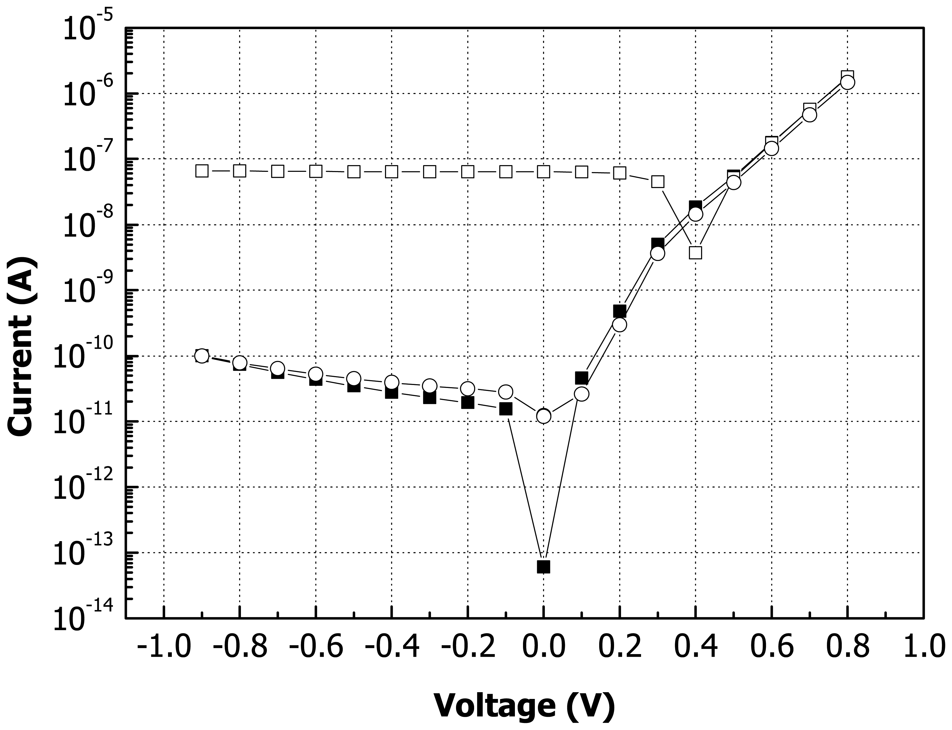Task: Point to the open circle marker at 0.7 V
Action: tap(809, 115)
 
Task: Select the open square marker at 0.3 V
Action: tap(658, 182)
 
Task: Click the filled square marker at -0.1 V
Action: tap(505, 409)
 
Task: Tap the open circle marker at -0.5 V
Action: tap(354, 378)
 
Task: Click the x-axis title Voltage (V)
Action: tap(524, 706)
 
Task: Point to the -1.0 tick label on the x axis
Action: tap(163, 647)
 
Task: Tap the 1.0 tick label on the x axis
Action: tap(923, 647)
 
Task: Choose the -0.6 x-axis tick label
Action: tap(316, 647)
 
